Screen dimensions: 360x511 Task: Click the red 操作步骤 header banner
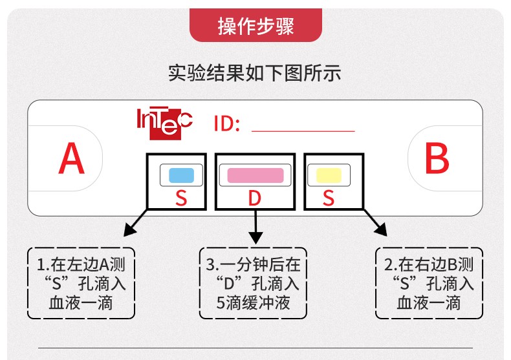255,26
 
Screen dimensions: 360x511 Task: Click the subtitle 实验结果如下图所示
255,72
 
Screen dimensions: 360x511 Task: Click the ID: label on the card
227,123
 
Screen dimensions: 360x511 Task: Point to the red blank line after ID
303,131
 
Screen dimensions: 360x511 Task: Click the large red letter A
71,159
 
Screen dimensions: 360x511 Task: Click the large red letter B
437,159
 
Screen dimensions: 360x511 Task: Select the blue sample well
181,175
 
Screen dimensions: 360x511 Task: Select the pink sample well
255,175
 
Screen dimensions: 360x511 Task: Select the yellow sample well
328,175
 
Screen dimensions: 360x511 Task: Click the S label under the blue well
181,198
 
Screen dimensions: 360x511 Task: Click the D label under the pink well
255,198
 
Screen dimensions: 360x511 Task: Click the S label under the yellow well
329,198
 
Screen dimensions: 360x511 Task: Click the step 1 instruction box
81,283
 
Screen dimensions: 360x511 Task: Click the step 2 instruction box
428,283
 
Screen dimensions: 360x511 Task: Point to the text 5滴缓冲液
253,302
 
